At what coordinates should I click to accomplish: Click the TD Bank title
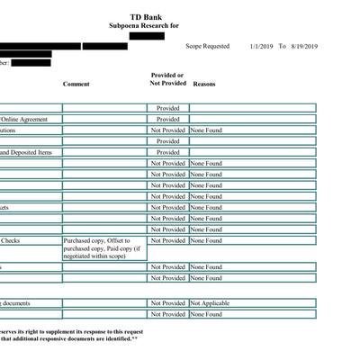point(146,16)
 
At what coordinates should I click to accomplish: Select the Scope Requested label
point(206,46)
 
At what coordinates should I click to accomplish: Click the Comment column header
point(76,84)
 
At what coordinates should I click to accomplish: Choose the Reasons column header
point(204,84)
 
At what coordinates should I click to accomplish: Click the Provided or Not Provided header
point(167,79)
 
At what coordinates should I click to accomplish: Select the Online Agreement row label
point(25,119)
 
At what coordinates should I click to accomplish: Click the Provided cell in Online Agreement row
point(167,119)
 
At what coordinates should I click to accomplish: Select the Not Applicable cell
point(211,303)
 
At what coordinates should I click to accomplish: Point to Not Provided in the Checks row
point(167,240)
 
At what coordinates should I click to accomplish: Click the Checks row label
point(11,240)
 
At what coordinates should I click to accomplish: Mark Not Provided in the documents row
point(167,303)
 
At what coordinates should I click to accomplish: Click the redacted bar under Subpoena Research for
point(146,36)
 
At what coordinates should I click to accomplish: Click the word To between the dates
point(282,46)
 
